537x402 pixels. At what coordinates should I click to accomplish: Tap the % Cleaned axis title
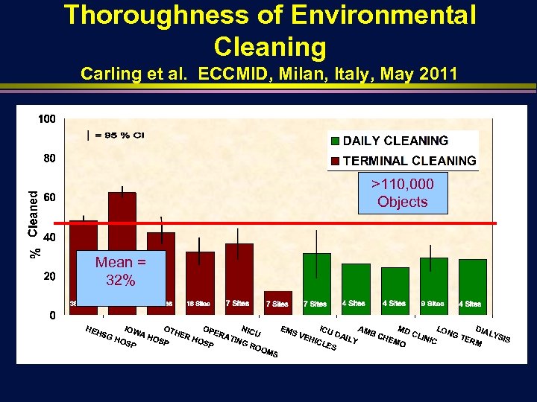point(34,223)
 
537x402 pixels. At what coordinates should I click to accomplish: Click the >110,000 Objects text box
point(402,193)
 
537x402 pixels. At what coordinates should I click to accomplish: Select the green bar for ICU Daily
point(317,279)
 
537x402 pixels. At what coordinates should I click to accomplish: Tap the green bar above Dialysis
point(472,283)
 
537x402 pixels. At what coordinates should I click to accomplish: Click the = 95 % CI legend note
point(116,135)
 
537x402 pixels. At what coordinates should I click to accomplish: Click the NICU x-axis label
point(251,332)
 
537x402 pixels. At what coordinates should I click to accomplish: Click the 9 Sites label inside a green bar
point(433,304)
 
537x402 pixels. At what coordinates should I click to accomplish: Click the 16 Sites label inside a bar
point(198,304)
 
